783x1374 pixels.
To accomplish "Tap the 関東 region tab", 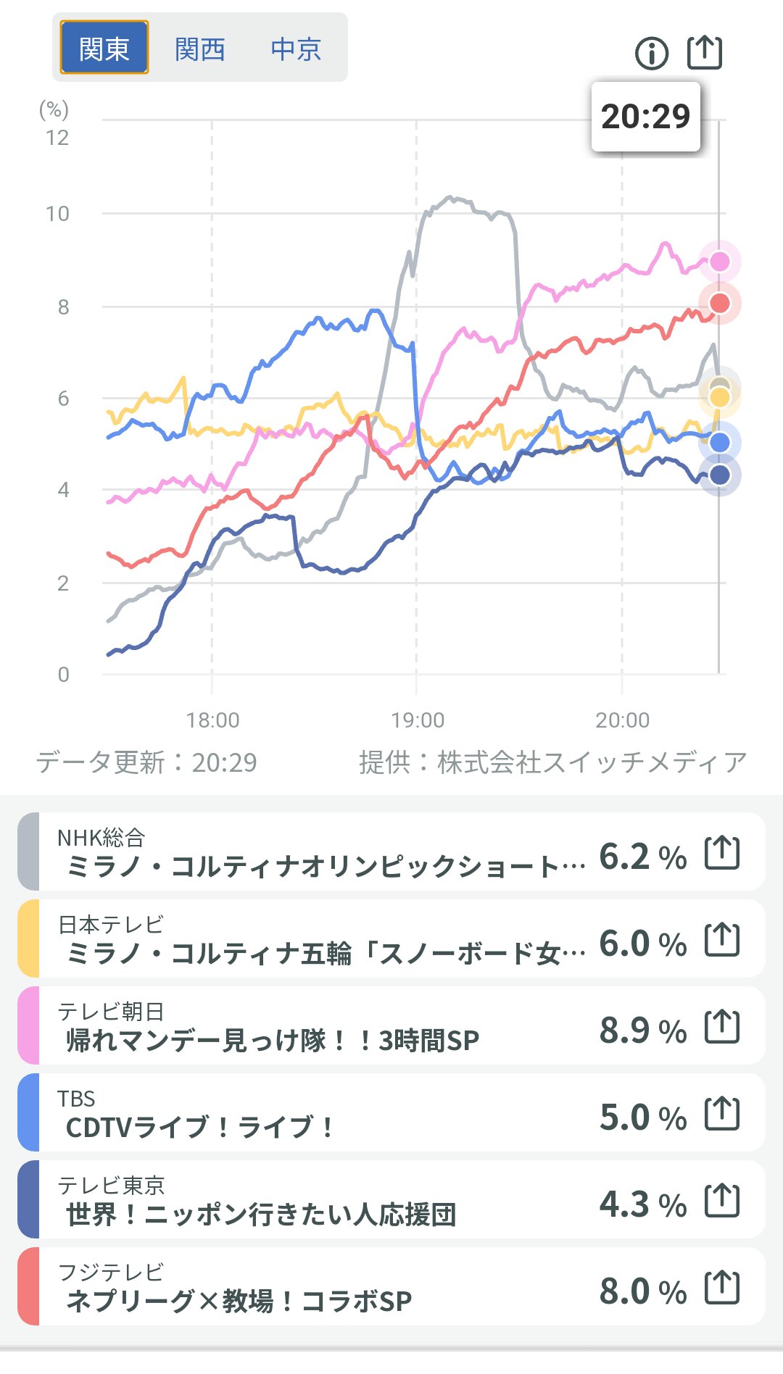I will pyautogui.click(x=104, y=48).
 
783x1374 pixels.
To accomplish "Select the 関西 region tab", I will pyautogui.click(x=199, y=49).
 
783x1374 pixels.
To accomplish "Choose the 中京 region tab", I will pyautogui.click(x=295, y=49).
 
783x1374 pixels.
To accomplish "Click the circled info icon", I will pyautogui.click(x=651, y=53).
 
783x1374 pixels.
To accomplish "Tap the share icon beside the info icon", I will pyautogui.click(x=704, y=52).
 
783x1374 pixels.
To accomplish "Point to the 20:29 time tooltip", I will pyautogui.click(x=645, y=117).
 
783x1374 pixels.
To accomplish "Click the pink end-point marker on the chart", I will pyautogui.click(x=719, y=262).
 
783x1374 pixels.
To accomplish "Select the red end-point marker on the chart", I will pyautogui.click(x=719, y=303).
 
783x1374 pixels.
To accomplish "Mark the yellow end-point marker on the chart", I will pyautogui.click(x=719, y=397).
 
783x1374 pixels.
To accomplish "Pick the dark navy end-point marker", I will pyautogui.click(x=719, y=475).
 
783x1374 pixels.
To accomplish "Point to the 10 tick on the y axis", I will pyautogui.click(x=57, y=214).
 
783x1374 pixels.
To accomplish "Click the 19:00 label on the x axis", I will pyautogui.click(x=418, y=720).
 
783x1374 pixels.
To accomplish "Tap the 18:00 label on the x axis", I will pyautogui.click(x=212, y=720).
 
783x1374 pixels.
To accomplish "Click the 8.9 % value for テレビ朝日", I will pyautogui.click(x=642, y=1030).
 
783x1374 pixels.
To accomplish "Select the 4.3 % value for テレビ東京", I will pyautogui.click(x=642, y=1204).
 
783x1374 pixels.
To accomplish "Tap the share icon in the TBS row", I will pyautogui.click(x=722, y=1114).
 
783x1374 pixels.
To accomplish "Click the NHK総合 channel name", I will pyautogui.click(x=101, y=838).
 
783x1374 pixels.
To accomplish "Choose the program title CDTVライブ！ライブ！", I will pyautogui.click(x=199, y=1128).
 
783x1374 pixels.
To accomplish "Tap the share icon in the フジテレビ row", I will pyautogui.click(x=722, y=1288).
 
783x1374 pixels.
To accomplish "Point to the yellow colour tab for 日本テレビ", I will pyautogui.click(x=28, y=938).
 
